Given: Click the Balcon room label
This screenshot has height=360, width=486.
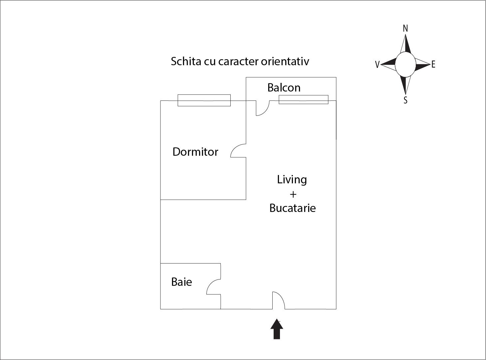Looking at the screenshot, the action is pyautogui.click(x=284, y=88).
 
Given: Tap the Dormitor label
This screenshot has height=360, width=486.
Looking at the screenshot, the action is pyautogui.click(x=195, y=152).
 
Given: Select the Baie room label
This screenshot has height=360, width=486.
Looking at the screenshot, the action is pyautogui.click(x=182, y=282).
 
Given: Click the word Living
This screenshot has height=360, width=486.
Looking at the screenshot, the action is pyautogui.click(x=292, y=180).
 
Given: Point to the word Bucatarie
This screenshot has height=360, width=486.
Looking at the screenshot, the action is pyautogui.click(x=293, y=208).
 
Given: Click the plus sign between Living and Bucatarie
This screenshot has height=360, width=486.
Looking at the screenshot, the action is pyautogui.click(x=293, y=194).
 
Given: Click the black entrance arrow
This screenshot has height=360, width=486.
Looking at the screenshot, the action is pyautogui.click(x=277, y=329).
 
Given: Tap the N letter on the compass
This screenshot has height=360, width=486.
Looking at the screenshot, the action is pyautogui.click(x=405, y=29).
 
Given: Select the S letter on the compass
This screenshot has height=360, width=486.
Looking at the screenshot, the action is pyautogui.click(x=405, y=100).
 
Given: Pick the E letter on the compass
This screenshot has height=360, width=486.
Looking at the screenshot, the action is pyautogui.click(x=433, y=65).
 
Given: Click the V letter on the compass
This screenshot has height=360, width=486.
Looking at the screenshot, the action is pyautogui.click(x=377, y=65).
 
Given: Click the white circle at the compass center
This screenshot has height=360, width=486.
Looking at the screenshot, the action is pyautogui.click(x=405, y=65).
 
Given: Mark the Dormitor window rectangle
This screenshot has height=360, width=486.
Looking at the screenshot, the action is pyautogui.click(x=204, y=100).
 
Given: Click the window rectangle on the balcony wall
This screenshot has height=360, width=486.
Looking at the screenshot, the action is pyautogui.click(x=304, y=99).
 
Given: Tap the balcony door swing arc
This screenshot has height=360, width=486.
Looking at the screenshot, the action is pyautogui.click(x=263, y=108).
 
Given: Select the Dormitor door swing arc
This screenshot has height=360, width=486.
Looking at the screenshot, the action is pyautogui.click(x=238, y=150).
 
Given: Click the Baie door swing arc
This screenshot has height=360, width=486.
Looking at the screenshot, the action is pyautogui.click(x=213, y=287).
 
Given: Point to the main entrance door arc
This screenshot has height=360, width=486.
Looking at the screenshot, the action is pyautogui.click(x=279, y=300).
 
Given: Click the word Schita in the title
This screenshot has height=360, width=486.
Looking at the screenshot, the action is pyautogui.click(x=186, y=61).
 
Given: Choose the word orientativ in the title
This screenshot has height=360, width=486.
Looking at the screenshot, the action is pyautogui.click(x=285, y=61).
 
